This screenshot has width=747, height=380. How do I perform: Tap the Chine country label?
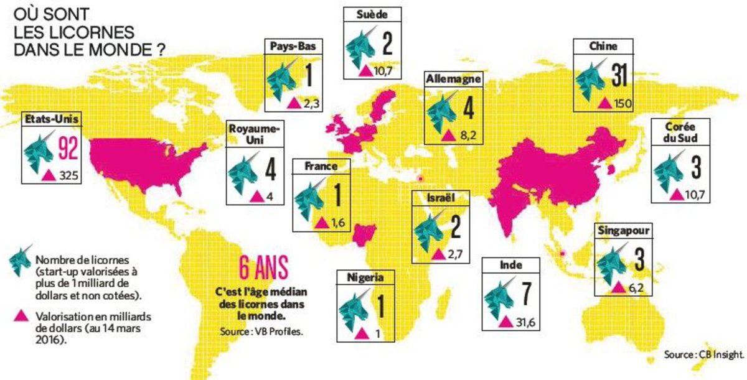click(x=603, y=46)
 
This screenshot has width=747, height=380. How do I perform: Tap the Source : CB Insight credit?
click(x=704, y=355)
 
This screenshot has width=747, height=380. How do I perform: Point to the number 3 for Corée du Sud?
click(x=696, y=168)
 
